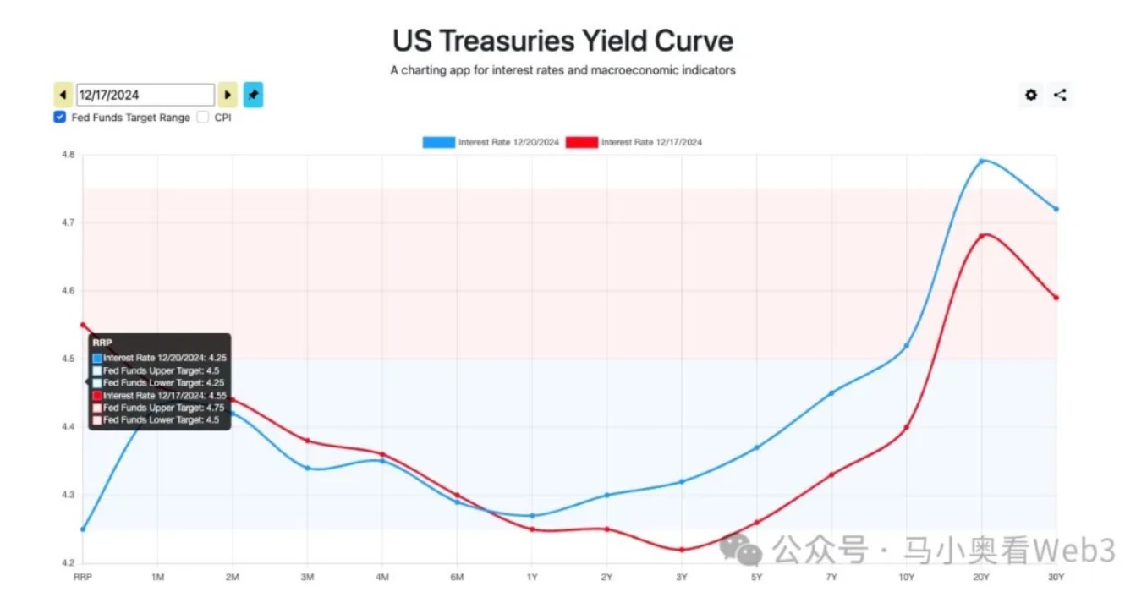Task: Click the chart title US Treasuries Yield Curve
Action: pyautogui.click(x=562, y=41)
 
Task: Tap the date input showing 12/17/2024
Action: pyautogui.click(x=145, y=95)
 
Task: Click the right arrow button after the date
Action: pyautogui.click(x=228, y=95)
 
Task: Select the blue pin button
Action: pyautogui.click(x=254, y=95)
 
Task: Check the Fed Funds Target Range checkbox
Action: pyautogui.click(x=60, y=118)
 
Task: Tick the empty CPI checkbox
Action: pyautogui.click(x=203, y=118)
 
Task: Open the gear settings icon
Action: pyautogui.click(x=1031, y=95)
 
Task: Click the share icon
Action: pyautogui.click(x=1060, y=95)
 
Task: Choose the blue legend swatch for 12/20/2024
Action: pyautogui.click(x=438, y=142)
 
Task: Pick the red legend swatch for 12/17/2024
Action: pyautogui.click(x=581, y=142)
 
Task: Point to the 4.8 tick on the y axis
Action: pyautogui.click(x=68, y=155)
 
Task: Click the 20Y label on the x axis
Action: pyautogui.click(x=981, y=578)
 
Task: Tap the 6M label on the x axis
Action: pyautogui.click(x=457, y=578)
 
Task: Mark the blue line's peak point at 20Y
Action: pyautogui.click(x=981, y=161)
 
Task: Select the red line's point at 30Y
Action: pyautogui.click(x=1056, y=297)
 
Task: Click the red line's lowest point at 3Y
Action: pyautogui.click(x=682, y=550)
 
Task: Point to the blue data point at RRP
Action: pyautogui.click(x=83, y=529)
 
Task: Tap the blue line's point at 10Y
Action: pyautogui.click(x=906, y=345)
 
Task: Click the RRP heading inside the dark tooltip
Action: pyautogui.click(x=102, y=343)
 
